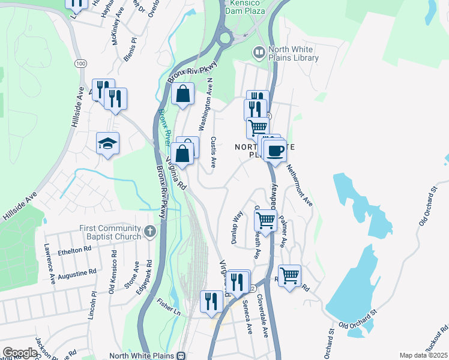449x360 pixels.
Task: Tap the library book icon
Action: [x=259, y=53]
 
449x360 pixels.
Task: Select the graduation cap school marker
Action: [x=107, y=144]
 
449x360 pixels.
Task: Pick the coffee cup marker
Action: [x=276, y=151]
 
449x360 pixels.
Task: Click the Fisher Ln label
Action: [x=169, y=307]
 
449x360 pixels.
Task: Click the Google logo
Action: [x=19, y=353]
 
